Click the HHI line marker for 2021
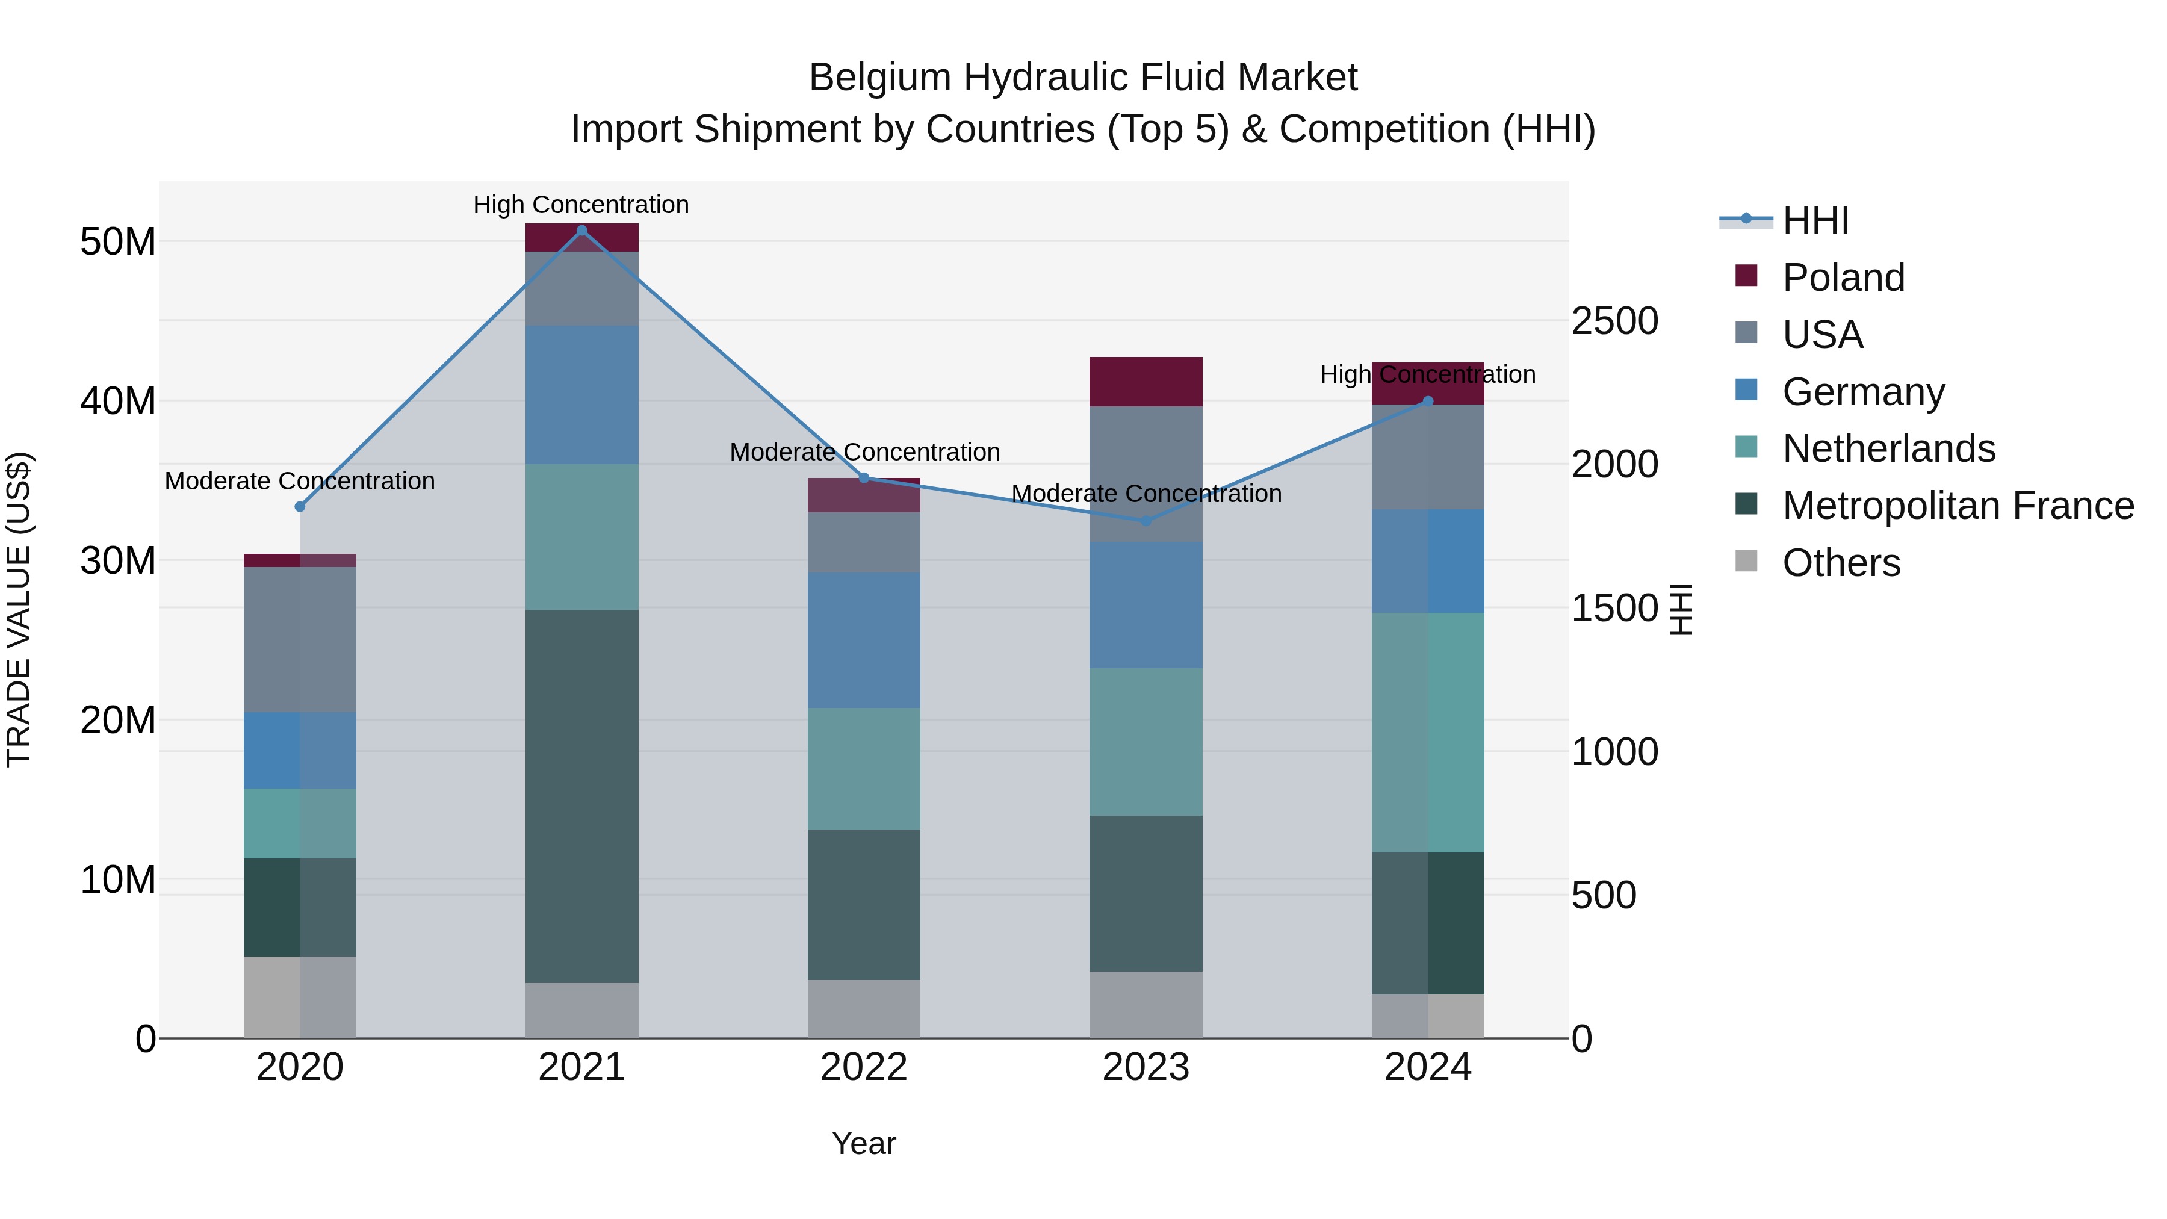(x=581, y=230)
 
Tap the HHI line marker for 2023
(x=1146, y=521)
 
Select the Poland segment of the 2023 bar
(x=1146, y=381)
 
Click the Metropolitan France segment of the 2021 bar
(x=581, y=796)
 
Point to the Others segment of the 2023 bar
(x=1146, y=1005)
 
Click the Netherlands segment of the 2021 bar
(x=581, y=537)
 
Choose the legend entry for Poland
(x=1843, y=278)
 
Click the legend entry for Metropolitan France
(x=1957, y=506)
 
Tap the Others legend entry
(x=1841, y=563)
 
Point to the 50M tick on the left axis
(x=118, y=241)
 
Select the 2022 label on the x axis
(x=864, y=1067)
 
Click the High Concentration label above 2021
(x=581, y=205)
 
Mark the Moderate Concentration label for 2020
(x=300, y=480)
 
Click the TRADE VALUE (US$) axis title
(x=19, y=609)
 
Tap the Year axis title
(x=864, y=1143)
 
